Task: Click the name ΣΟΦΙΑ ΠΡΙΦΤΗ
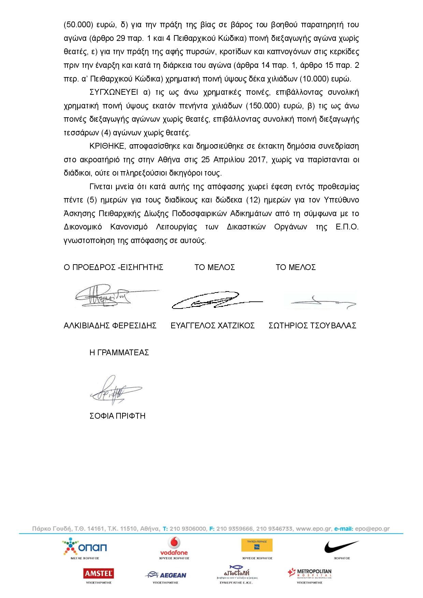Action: pyautogui.click(x=117, y=416)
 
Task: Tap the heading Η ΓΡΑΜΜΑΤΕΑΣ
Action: pyautogui.click(x=119, y=353)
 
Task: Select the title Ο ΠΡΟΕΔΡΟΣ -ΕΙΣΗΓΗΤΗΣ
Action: pyautogui.click(x=113, y=267)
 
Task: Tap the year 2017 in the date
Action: pyautogui.click(x=257, y=160)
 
